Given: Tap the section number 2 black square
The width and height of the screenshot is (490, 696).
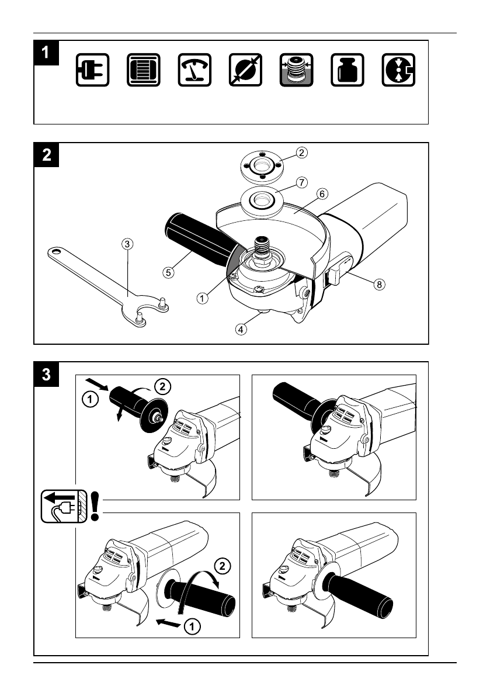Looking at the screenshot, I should click(46, 154).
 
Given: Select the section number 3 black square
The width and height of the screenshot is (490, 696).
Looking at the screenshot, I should click(46, 373).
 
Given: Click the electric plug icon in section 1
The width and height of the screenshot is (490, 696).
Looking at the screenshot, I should click(92, 70).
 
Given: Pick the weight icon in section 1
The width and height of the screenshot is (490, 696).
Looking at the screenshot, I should click(347, 70).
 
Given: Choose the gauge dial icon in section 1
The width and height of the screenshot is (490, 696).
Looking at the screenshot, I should click(194, 70).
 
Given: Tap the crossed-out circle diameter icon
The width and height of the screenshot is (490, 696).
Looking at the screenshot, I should click(245, 70).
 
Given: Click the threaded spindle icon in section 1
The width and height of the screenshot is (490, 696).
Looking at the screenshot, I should click(296, 70).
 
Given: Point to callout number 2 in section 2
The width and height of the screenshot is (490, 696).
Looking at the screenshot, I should click(301, 153).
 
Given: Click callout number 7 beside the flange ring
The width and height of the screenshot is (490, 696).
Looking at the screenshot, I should click(301, 182).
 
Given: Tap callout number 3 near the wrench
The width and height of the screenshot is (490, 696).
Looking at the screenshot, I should click(127, 244).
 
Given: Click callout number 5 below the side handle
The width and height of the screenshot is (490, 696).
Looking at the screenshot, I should click(168, 272).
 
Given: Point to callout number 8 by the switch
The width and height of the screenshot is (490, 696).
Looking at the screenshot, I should click(380, 285).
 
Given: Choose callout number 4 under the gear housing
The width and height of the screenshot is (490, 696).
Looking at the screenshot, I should click(241, 328).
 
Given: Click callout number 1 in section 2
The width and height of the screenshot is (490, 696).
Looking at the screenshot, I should click(202, 297).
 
